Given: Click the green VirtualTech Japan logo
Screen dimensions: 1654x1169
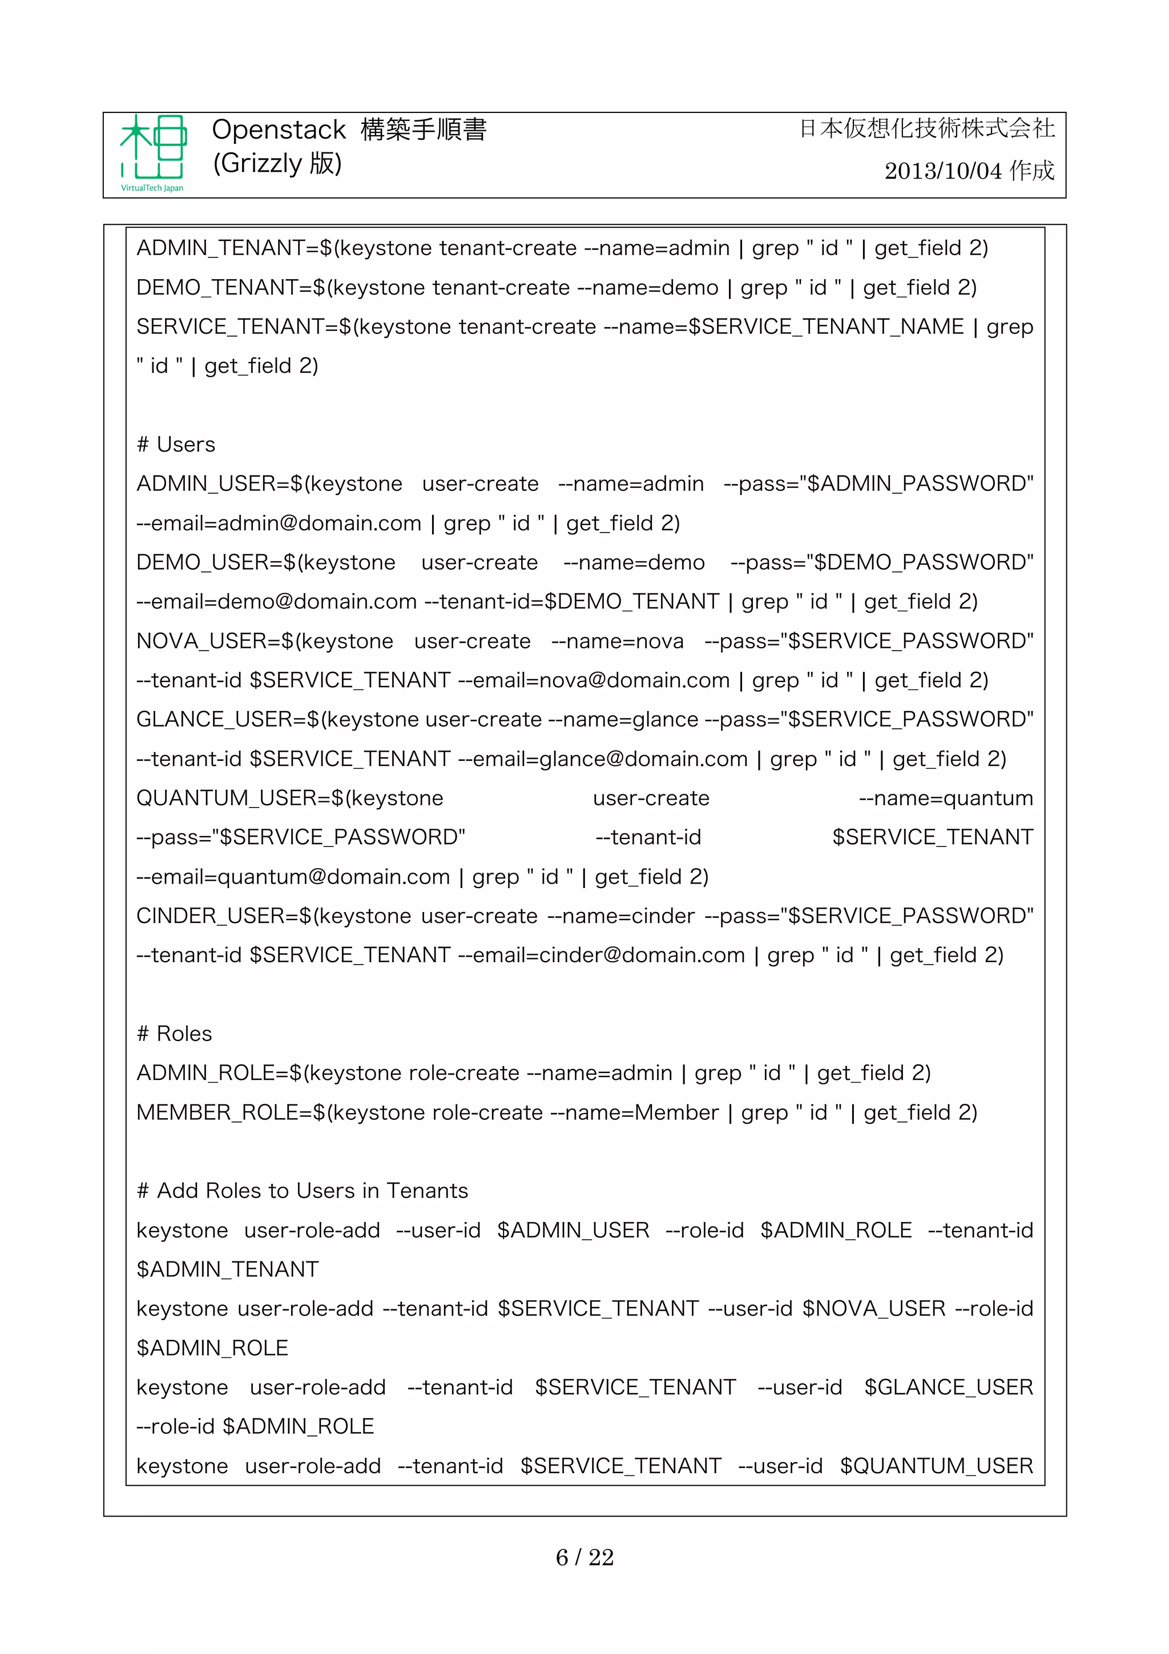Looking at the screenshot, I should pyautogui.click(x=153, y=153).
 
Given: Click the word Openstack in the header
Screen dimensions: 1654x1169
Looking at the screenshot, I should pyautogui.click(x=279, y=130).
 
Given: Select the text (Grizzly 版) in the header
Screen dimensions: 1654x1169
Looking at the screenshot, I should pyautogui.click(x=277, y=164).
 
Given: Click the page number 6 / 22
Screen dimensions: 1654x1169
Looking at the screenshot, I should pyautogui.click(x=584, y=1557).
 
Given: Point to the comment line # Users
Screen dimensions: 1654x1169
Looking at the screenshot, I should pyautogui.click(x=176, y=445).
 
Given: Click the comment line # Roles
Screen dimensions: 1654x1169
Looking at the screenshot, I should pyautogui.click(x=174, y=1034).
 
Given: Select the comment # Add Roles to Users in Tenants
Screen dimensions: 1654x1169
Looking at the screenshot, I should pyautogui.click(x=303, y=1191).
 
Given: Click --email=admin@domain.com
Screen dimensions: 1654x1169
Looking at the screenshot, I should pyautogui.click(x=279, y=523).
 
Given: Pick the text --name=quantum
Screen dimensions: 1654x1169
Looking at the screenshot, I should pyautogui.click(x=946, y=798).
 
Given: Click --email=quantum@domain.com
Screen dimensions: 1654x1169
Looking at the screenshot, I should pyautogui.click(x=293, y=877).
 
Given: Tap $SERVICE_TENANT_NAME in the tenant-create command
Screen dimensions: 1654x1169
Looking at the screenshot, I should pyautogui.click(x=825, y=326).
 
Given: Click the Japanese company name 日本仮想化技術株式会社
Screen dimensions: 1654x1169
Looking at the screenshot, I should pyautogui.click(x=927, y=129).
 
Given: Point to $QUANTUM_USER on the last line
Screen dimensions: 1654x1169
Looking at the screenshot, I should pyautogui.click(x=936, y=1466).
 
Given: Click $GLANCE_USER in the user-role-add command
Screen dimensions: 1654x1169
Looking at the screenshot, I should pyautogui.click(x=949, y=1387).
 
